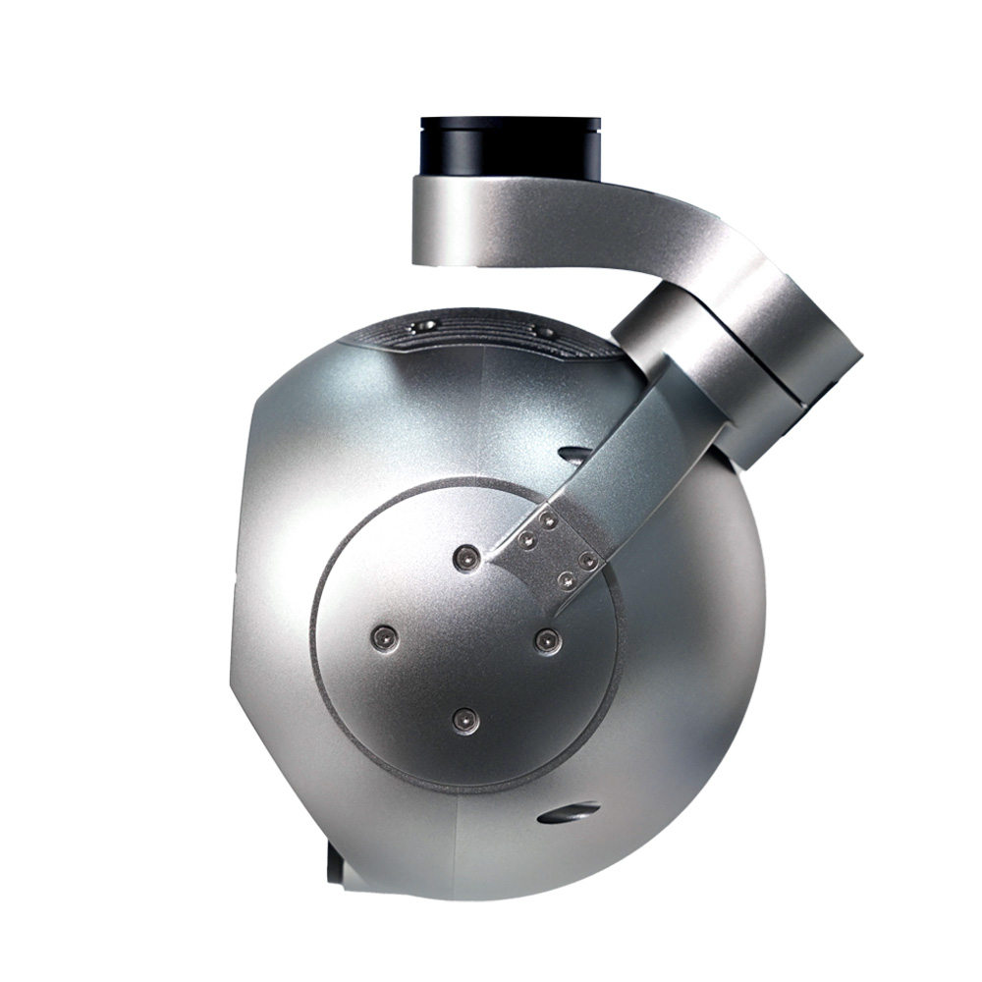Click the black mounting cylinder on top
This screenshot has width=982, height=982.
pyautogui.click(x=510, y=147)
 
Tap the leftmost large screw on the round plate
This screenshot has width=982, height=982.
pyautogui.click(x=384, y=639)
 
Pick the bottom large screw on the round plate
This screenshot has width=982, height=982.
pyautogui.click(x=465, y=721)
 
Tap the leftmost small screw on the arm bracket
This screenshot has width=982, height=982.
pyautogui.click(x=528, y=540)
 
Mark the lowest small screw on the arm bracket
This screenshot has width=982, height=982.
pyautogui.click(x=566, y=580)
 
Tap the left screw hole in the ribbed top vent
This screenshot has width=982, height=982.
pyautogui.click(x=424, y=325)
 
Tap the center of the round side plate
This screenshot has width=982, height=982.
pyautogui.click(x=465, y=638)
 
